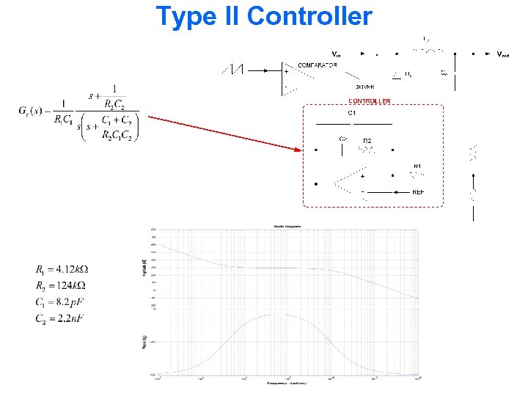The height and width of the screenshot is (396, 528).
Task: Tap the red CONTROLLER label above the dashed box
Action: click(x=369, y=101)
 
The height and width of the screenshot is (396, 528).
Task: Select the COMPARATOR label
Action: click(x=318, y=65)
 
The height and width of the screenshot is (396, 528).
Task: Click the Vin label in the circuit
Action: click(x=336, y=54)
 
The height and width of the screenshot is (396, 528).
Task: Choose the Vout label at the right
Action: click(x=503, y=54)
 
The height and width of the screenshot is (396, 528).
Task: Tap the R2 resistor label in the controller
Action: click(x=367, y=139)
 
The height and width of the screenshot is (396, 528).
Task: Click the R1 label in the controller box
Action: click(x=417, y=166)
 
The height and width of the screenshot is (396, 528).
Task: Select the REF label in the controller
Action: click(x=418, y=192)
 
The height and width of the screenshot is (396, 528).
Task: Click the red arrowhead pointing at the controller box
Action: click(x=296, y=151)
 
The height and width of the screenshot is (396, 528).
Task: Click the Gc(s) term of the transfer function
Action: click(x=34, y=111)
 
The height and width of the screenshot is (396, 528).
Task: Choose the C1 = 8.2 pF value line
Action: click(x=60, y=301)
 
